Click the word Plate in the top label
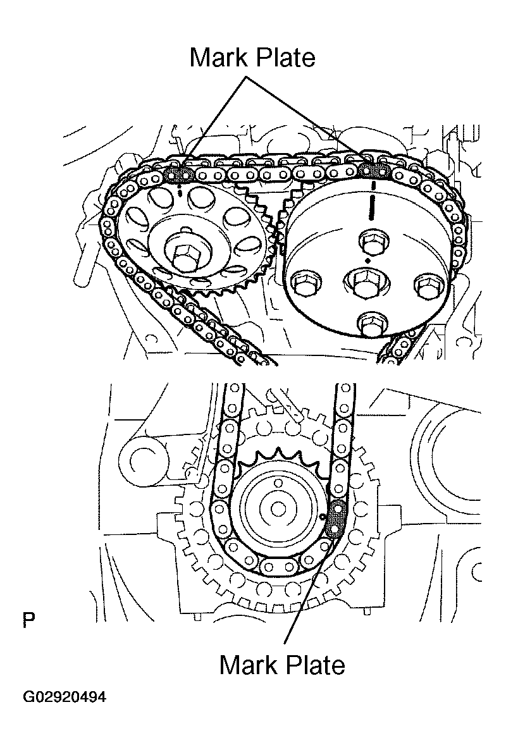click(x=285, y=58)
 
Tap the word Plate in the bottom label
click(x=314, y=665)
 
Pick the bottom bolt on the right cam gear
click(x=370, y=324)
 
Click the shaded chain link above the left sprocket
click(x=180, y=174)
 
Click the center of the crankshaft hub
click(x=276, y=507)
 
